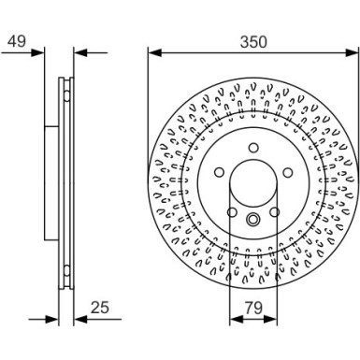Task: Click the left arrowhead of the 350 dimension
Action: coord(152,52)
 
